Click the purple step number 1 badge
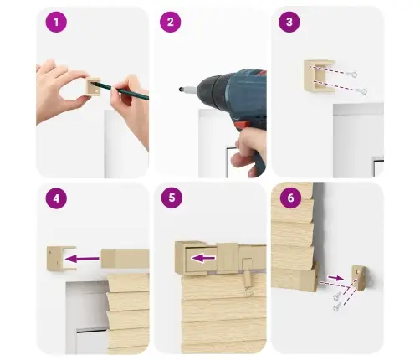[56, 22]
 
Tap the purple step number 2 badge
[171, 22]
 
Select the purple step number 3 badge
[289, 22]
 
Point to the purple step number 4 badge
[56, 198]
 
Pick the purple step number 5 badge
[172, 198]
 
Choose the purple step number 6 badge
[290, 198]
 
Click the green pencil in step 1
[121, 90]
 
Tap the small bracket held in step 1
[93, 87]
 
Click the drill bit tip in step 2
[181, 90]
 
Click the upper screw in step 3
[352, 75]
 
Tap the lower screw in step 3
[361, 90]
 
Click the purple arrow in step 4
[82, 259]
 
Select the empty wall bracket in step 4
[61, 258]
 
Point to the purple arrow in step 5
[203, 258]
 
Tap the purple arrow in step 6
[335, 278]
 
